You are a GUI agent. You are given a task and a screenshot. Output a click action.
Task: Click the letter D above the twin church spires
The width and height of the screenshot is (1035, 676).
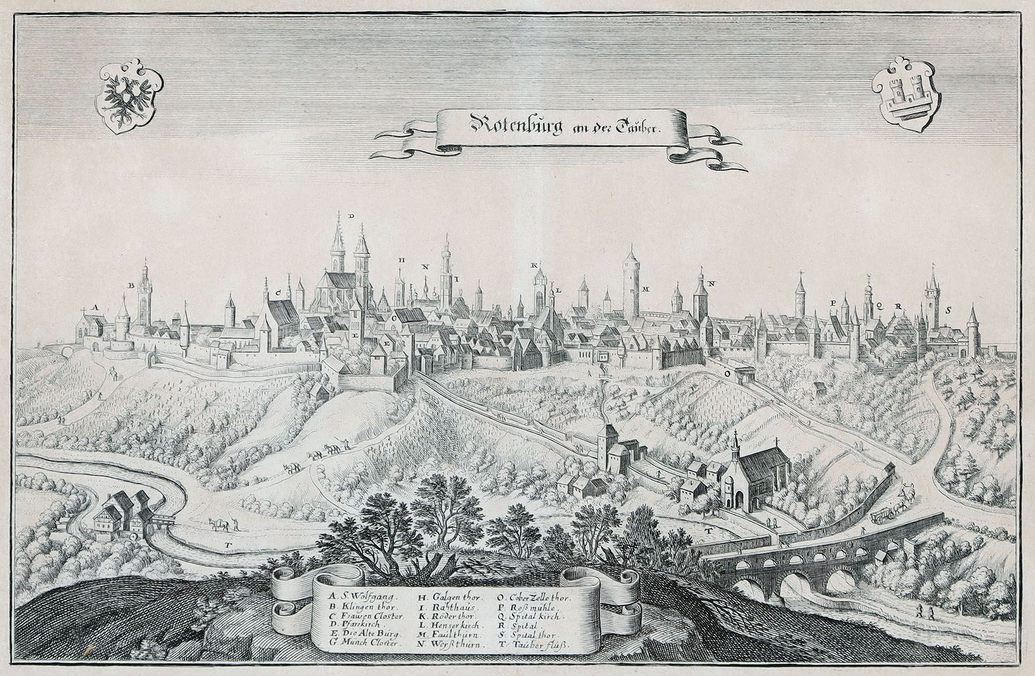coord(351,216)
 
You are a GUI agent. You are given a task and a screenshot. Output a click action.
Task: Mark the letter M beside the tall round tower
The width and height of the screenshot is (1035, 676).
coord(645,289)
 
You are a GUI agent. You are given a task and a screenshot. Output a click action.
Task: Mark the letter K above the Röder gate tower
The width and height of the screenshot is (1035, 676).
coord(533,265)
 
